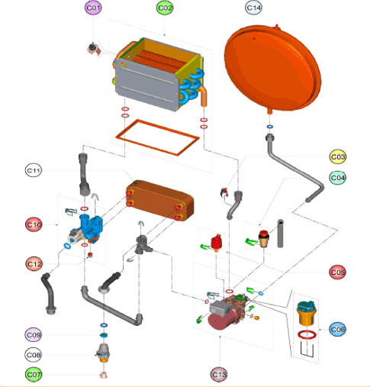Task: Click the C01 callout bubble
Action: coord(93,8)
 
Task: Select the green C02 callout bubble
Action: coord(165,8)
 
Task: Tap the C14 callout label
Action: coord(253,8)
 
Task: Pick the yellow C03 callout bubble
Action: coord(338,156)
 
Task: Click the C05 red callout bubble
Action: coord(337,273)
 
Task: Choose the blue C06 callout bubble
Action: coord(337,330)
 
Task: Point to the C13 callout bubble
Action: coord(219,375)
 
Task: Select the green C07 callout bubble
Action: coord(34,375)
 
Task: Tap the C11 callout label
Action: coord(34,170)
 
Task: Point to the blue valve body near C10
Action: coord(91,227)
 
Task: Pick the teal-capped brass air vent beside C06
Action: coord(307,313)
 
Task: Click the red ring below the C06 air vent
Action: coord(307,331)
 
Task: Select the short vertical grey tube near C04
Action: coord(280,234)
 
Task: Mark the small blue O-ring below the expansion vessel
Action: coord(270,127)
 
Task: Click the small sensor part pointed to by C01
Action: coord(94,49)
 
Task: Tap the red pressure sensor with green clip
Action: coord(217,242)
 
